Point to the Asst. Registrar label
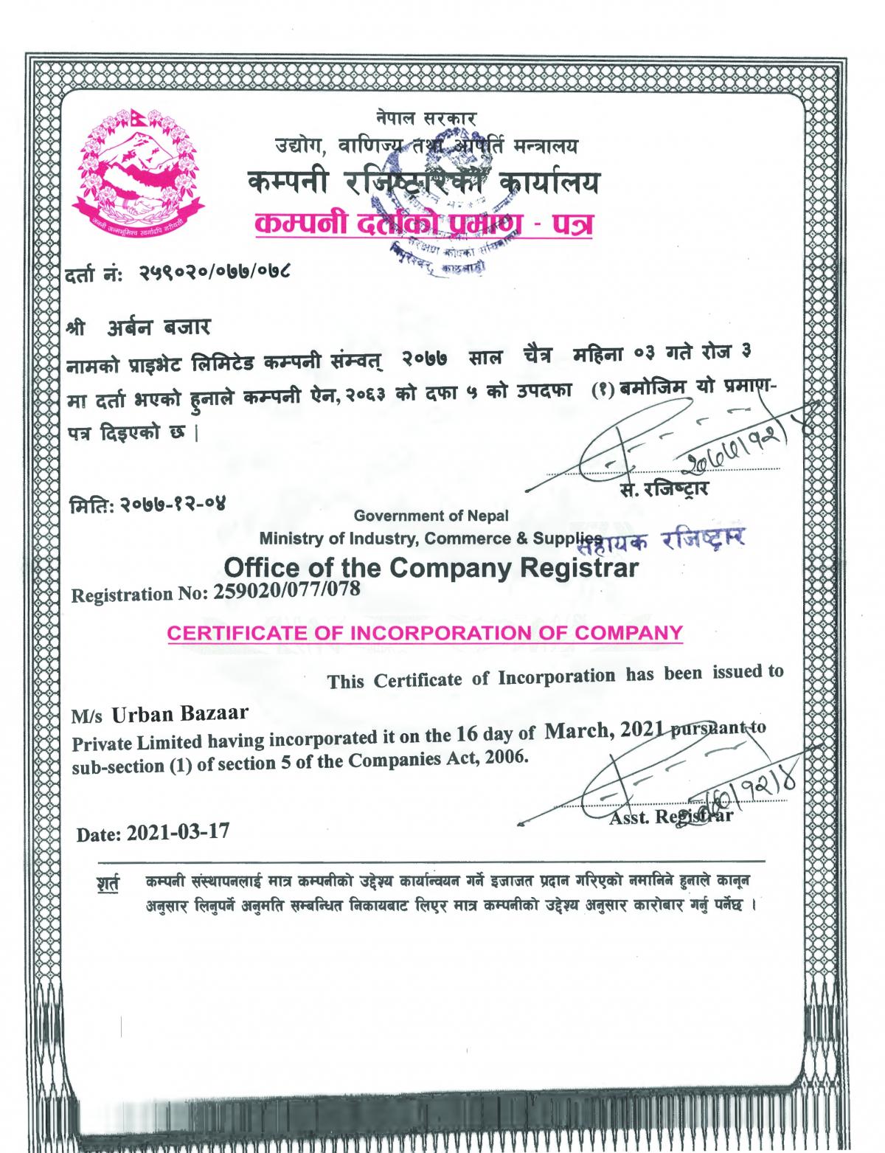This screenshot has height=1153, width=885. [670, 816]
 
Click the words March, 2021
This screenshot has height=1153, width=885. [605, 730]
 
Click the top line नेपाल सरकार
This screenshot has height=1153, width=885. [426, 117]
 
